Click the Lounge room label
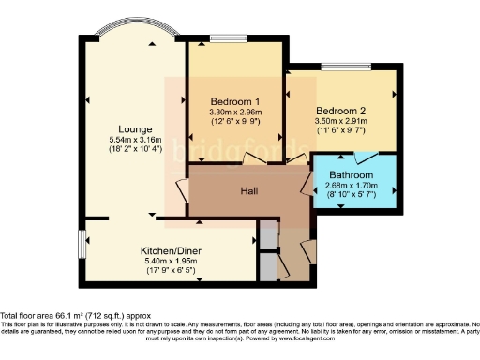coord(135,129)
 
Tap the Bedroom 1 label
coord(234,101)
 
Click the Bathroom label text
coord(352,175)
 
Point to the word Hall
coord(249,191)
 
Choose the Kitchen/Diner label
coord(167,252)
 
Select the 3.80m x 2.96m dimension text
coord(234,112)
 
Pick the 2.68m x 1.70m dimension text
coord(352,186)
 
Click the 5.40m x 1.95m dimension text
coord(167,262)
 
